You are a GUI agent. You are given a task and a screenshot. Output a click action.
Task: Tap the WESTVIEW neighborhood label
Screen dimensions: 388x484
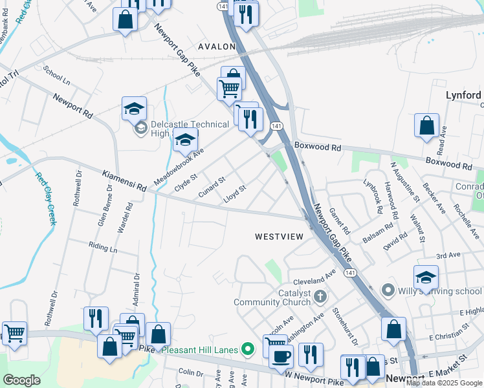click(279, 237)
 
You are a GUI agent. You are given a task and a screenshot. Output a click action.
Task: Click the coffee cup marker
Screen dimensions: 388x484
click(281, 356)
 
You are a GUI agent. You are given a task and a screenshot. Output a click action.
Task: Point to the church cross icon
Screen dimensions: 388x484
click(320, 297)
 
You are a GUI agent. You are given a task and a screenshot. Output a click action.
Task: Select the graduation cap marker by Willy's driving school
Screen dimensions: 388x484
click(426, 277)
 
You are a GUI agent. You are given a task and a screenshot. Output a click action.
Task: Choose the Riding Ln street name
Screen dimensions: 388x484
click(104, 248)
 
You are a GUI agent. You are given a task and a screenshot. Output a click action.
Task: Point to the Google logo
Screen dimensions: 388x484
click(21, 380)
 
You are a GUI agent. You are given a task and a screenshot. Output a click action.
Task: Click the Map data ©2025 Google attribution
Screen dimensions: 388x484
click(445, 383)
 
